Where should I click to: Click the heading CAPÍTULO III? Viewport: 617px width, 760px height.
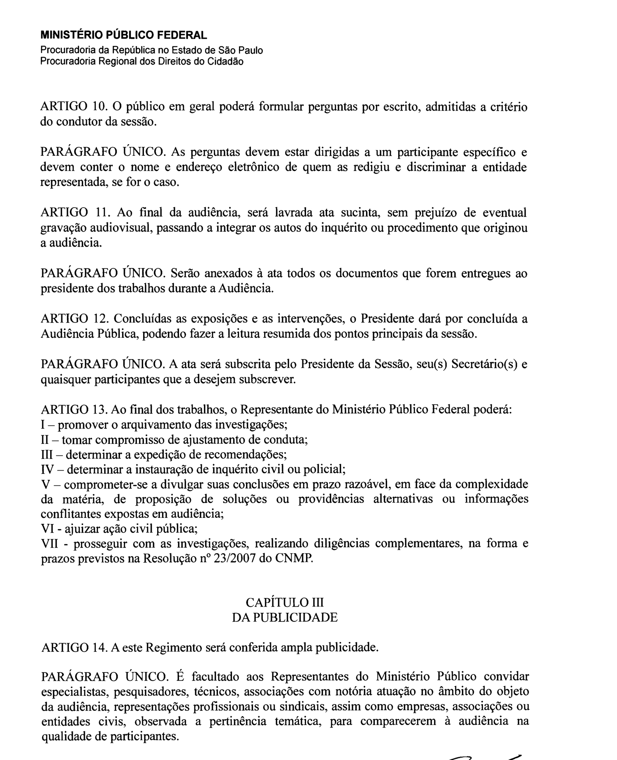[285, 602]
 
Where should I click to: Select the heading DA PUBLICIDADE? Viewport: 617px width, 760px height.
[285, 617]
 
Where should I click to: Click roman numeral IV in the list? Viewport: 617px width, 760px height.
[48, 469]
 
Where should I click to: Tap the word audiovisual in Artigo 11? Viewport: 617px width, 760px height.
[121, 228]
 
